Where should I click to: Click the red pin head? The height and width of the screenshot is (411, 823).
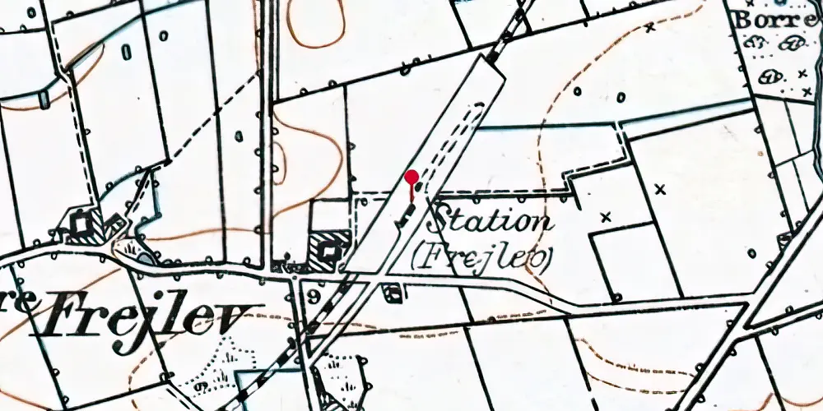[x=411, y=177]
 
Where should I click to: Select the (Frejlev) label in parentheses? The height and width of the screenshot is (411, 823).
[x=481, y=257]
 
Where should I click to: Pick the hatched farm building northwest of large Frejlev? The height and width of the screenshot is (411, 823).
[x=85, y=224]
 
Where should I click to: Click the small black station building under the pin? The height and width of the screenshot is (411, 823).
[x=406, y=216]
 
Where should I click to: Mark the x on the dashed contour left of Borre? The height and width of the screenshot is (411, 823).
[x=649, y=27]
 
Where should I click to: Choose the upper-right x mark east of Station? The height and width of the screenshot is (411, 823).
[x=659, y=189]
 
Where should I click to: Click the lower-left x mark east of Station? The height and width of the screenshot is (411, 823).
[x=607, y=217]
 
